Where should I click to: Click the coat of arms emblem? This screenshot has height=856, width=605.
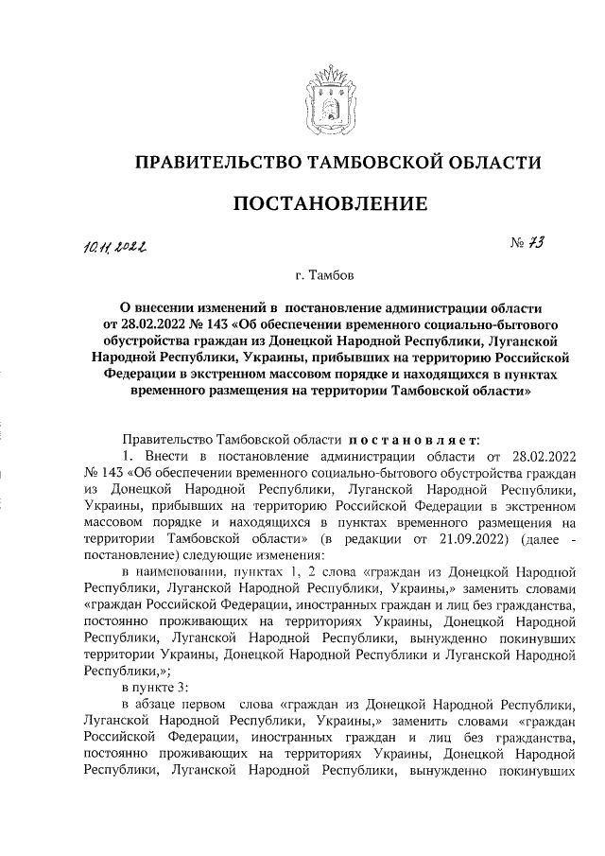pos(325,102)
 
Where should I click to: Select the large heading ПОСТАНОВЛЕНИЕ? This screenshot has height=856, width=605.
pos(325,204)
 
